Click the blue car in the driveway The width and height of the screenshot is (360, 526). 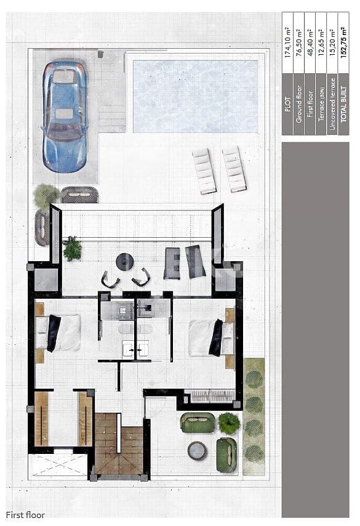[x=64, y=115]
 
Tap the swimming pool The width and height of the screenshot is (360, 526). [x=195, y=96]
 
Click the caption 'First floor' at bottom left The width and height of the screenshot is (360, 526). [x=25, y=514]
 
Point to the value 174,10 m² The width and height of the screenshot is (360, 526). [x=287, y=42]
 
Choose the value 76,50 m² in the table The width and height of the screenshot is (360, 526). [x=299, y=42]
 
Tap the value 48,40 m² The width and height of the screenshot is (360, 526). [x=311, y=42]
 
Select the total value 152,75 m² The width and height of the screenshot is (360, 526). [x=344, y=42]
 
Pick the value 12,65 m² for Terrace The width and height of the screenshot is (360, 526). [x=322, y=42]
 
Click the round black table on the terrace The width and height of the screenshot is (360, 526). [x=124, y=262]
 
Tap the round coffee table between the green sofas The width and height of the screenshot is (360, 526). [x=197, y=451]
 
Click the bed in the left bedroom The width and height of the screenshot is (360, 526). [x=59, y=333]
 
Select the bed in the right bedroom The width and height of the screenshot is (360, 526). [x=210, y=338]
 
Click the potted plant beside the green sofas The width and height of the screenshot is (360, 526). [x=228, y=423]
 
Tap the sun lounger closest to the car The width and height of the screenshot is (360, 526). [x=204, y=171]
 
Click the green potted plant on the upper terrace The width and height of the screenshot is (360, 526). [x=72, y=248]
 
